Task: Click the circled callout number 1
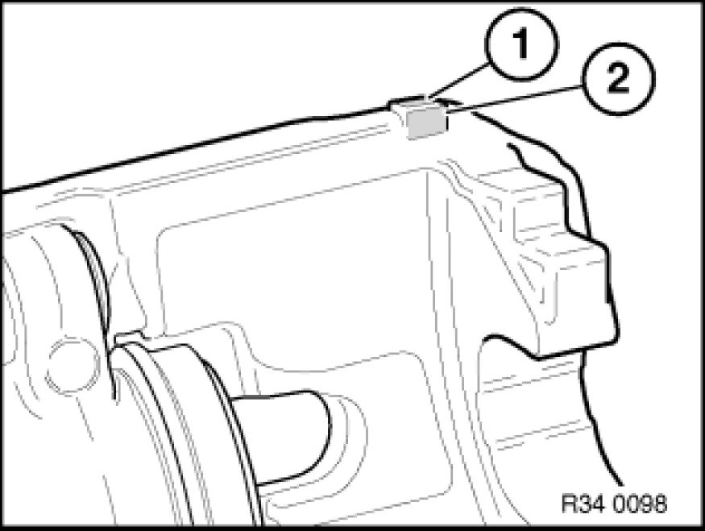tap(521, 44)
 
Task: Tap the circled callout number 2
tap(618, 79)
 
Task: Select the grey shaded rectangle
tap(427, 123)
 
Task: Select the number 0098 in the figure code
tap(638, 504)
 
